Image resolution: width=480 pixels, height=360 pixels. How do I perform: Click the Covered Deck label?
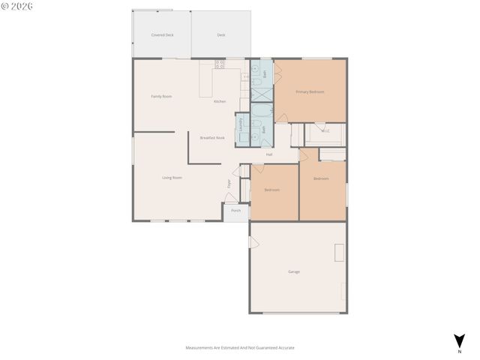(x=162, y=35)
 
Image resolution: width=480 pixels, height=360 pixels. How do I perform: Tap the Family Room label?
(x=161, y=96)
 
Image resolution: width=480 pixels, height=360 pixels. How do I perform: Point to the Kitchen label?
(x=220, y=101)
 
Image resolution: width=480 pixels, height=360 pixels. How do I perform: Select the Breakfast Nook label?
(x=212, y=138)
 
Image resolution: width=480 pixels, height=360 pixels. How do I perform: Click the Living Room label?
(x=172, y=178)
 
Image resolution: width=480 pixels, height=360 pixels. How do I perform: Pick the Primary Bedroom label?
(x=310, y=91)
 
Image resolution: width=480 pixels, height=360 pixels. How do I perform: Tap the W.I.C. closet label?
(x=325, y=131)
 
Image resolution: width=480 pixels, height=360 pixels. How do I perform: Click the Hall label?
(x=269, y=154)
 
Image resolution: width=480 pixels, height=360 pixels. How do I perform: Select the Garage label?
(x=294, y=271)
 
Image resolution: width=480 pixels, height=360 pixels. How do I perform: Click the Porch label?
(x=235, y=211)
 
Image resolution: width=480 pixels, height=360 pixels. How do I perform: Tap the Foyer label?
(x=229, y=183)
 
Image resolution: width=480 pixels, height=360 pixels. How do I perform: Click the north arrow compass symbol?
(x=458, y=341)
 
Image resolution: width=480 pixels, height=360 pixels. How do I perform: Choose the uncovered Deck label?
(x=221, y=35)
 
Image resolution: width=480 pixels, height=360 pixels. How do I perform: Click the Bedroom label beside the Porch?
(x=271, y=190)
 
